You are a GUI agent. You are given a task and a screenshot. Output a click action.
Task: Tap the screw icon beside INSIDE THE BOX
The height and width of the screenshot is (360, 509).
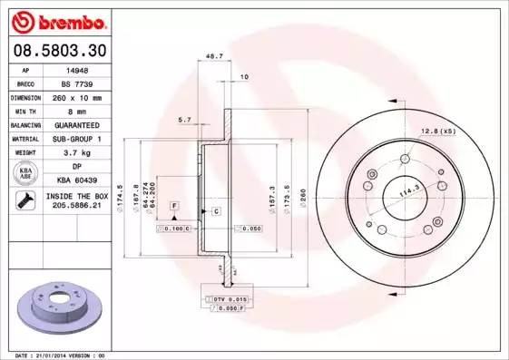coord(22,201)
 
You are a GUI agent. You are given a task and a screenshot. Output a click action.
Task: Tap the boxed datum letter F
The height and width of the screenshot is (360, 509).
coord(172,207)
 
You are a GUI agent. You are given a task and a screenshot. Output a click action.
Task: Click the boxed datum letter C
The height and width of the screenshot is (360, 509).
coord(218,211)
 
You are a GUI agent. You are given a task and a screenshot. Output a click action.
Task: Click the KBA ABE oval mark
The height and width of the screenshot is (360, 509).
coord(26,173)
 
